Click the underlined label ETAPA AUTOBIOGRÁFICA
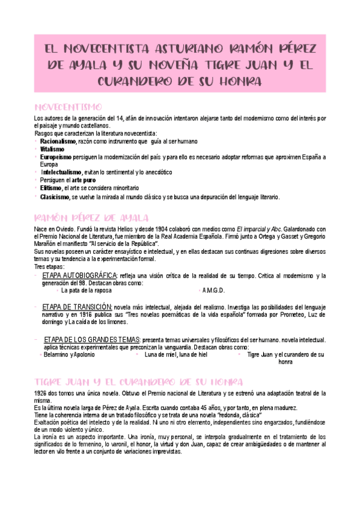coord(79,275)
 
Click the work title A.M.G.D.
coord(213,290)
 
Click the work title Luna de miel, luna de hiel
coord(176,355)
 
